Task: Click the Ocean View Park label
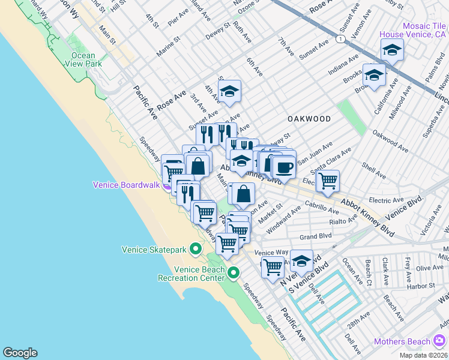[x=82, y=60]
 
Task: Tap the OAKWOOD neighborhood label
[x=309, y=119]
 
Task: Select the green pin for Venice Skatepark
[x=195, y=248]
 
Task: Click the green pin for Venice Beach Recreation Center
[x=234, y=273]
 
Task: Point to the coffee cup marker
[x=284, y=166]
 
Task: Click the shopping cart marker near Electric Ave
[x=327, y=179]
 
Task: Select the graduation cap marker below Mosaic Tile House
[x=374, y=76]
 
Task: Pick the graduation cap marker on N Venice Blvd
[x=301, y=261]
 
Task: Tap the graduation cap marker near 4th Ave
[x=229, y=92]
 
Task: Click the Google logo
[x=20, y=353]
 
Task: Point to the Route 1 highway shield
[x=341, y=38]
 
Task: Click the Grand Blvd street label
[x=316, y=236]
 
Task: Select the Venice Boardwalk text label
[x=125, y=185]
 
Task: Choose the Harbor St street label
[x=420, y=286]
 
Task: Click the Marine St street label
[x=169, y=46]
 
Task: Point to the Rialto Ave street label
[x=343, y=222]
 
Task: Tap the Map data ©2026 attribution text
[x=424, y=355]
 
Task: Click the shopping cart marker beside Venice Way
[x=272, y=266]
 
